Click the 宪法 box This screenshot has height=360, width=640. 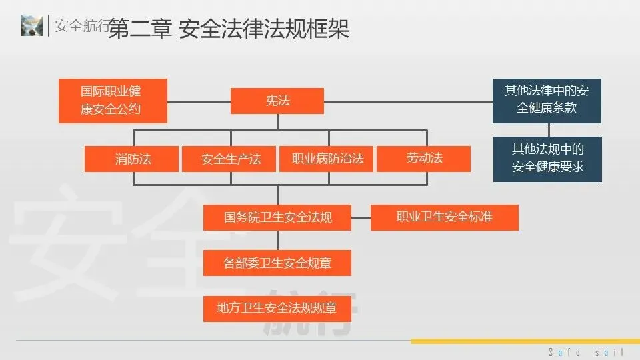click(x=277, y=101)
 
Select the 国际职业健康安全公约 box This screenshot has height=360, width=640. click(x=113, y=101)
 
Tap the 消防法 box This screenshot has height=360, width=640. click(x=132, y=159)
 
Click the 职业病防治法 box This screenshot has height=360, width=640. click(x=327, y=159)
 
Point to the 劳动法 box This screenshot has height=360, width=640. click(x=424, y=159)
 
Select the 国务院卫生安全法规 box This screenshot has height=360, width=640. click(x=277, y=217)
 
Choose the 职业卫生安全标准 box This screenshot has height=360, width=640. click(x=445, y=217)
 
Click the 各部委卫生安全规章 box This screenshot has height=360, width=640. click(x=277, y=263)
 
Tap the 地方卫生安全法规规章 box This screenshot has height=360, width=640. click(x=277, y=308)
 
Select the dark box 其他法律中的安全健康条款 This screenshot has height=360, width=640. click(x=547, y=101)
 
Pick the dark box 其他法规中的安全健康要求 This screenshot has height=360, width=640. click(x=547, y=159)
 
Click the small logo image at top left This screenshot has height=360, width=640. click(x=32, y=25)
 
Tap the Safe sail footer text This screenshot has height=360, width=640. click(x=586, y=352)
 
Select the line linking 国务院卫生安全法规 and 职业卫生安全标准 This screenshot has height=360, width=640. click(x=361, y=217)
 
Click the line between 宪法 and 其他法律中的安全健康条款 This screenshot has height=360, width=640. click(x=408, y=101)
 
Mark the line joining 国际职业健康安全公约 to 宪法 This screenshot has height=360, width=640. click(x=199, y=101)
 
